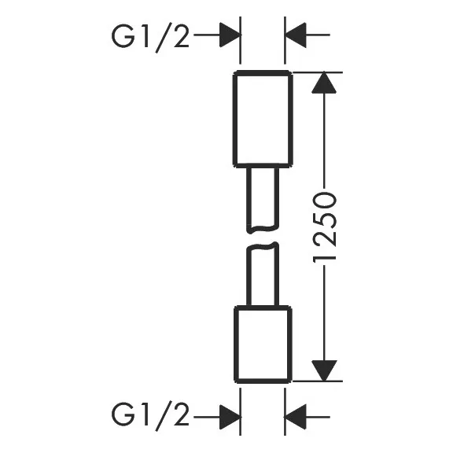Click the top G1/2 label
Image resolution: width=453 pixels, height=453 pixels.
tap(150, 38)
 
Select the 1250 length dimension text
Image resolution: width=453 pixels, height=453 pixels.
tap(325, 226)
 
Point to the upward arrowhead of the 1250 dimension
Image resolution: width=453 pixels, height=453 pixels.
tap(324, 83)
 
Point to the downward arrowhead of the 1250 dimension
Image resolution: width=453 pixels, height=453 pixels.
tap(324, 371)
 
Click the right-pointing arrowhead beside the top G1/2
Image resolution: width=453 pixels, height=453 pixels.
tap(230, 35)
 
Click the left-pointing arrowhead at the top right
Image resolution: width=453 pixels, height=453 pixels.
tap(295, 35)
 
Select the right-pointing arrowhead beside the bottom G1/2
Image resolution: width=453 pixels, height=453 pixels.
tap(230, 417)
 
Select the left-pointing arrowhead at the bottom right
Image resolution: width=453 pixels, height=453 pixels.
tap(295, 417)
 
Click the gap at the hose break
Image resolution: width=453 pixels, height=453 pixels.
tap(263, 238)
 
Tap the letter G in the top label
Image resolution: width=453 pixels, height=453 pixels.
tap(123, 38)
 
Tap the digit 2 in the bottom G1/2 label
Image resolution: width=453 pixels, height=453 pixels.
tap(181, 415)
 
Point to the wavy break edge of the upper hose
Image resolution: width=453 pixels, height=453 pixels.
tap(263, 230)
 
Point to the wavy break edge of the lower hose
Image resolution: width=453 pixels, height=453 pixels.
tap(263, 246)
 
